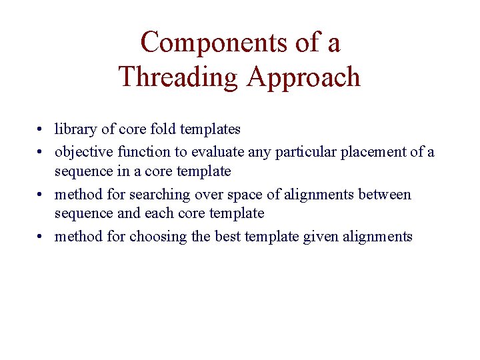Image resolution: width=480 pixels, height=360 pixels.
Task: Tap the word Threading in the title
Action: pyautogui.click(x=178, y=77)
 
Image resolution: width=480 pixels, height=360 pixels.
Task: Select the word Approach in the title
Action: pyautogui.click(x=303, y=77)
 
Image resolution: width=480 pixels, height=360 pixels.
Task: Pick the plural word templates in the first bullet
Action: pyautogui.click(x=210, y=129)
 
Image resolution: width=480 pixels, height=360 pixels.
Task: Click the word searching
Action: pyautogui.click(x=159, y=195)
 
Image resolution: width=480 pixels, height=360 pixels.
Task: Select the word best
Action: pyautogui.click(x=226, y=237)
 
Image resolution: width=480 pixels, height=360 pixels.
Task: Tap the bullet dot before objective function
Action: pyautogui.click(x=41, y=153)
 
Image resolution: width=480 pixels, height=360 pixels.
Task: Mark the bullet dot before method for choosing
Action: pyautogui.click(x=41, y=237)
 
